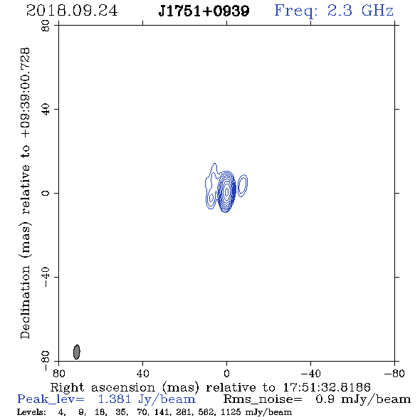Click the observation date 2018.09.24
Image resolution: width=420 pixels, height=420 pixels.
click(72, 11)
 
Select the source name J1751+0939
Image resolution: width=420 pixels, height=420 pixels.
click(204, 11)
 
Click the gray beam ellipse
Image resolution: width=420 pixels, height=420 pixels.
click(77, 352)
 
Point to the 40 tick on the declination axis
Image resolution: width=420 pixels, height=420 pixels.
click(46, 110)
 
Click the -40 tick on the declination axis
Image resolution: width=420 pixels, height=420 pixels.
click(46, 277)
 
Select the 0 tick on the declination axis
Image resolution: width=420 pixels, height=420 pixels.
click(46, 193)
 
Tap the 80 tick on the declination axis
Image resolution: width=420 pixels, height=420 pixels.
click(46, 26)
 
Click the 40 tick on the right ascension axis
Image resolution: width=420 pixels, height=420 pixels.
click(142, 373)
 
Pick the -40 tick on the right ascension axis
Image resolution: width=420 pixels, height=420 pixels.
click(310, 373)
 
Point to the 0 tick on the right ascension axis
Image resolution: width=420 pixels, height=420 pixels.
click(226, 373)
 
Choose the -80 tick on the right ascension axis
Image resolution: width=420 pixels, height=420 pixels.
click(394, 373)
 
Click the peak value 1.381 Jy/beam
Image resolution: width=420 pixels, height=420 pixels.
click(147, 399)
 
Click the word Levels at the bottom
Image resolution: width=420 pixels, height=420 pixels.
click(31, 411)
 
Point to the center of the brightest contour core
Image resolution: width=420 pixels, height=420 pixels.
click(227, 191)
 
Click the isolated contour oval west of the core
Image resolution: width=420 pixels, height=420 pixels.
click(243, 186)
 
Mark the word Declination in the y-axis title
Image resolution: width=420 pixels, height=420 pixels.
click(25, 302)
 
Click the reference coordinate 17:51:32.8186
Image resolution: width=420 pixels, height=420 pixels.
click(327, 387)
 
